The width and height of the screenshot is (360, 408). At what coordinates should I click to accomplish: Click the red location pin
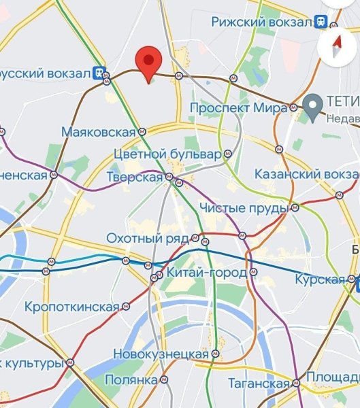148,61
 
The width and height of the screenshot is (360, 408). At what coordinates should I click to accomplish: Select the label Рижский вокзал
261,22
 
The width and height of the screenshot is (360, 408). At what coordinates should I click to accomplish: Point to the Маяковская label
99,131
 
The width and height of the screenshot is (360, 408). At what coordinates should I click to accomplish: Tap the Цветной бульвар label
168,154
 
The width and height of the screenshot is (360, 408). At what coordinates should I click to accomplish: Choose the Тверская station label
135,177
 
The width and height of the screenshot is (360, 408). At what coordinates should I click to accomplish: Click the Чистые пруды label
244,207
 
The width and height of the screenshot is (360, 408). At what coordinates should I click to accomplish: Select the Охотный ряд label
148,239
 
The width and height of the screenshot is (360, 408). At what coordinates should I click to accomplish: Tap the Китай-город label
203,274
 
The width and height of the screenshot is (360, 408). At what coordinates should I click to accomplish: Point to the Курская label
320,279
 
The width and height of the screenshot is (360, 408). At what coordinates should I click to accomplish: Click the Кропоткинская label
71,307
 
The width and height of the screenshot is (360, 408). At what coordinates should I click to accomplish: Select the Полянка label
133,379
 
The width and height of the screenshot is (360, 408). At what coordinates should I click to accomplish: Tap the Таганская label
258,384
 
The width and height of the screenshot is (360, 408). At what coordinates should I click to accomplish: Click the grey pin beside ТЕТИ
313,106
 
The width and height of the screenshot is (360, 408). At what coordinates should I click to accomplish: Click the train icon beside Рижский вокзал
321,22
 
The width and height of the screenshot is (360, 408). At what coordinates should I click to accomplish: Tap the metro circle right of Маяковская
142,131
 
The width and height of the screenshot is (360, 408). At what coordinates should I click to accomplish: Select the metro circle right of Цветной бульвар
228,154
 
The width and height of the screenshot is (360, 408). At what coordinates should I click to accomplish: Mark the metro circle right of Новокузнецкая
215,354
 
